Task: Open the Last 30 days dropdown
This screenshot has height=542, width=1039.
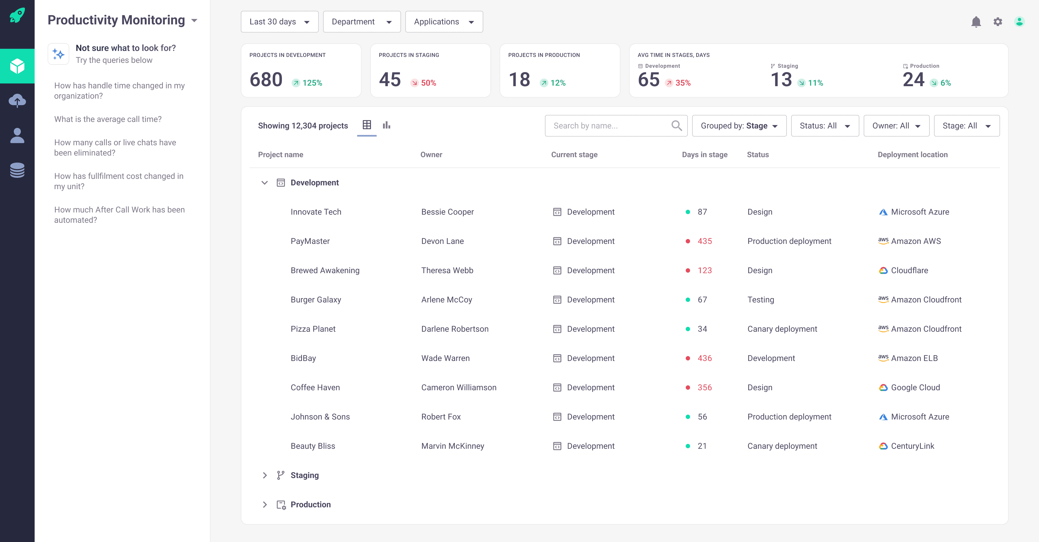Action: pyautogui.click(x=279, y=22)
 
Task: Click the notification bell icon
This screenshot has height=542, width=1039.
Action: pyautogui.click(x=976, y=22)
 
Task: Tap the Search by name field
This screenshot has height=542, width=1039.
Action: pyautogui.click(x=609, y=125)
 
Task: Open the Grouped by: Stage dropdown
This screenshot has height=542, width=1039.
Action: pyautogui.click(x=739, y=125)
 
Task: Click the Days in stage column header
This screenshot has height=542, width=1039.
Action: pyautogui.click(x=704, y=155)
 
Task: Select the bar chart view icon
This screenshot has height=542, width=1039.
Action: pyautogui.click(x=386, y=125)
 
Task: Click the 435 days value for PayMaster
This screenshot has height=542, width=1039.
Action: pyautogui.click(x=704, y=241)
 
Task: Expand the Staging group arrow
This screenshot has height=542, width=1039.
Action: pyautogui.click(x=265, y=475)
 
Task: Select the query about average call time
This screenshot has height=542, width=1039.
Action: pyautogui.click(x=108, y=119)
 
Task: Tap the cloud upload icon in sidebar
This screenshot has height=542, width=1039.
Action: pyautogui.click(x=17, y=101)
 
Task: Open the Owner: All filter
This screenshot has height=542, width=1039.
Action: pyautogui.click(x=896, y=125)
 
